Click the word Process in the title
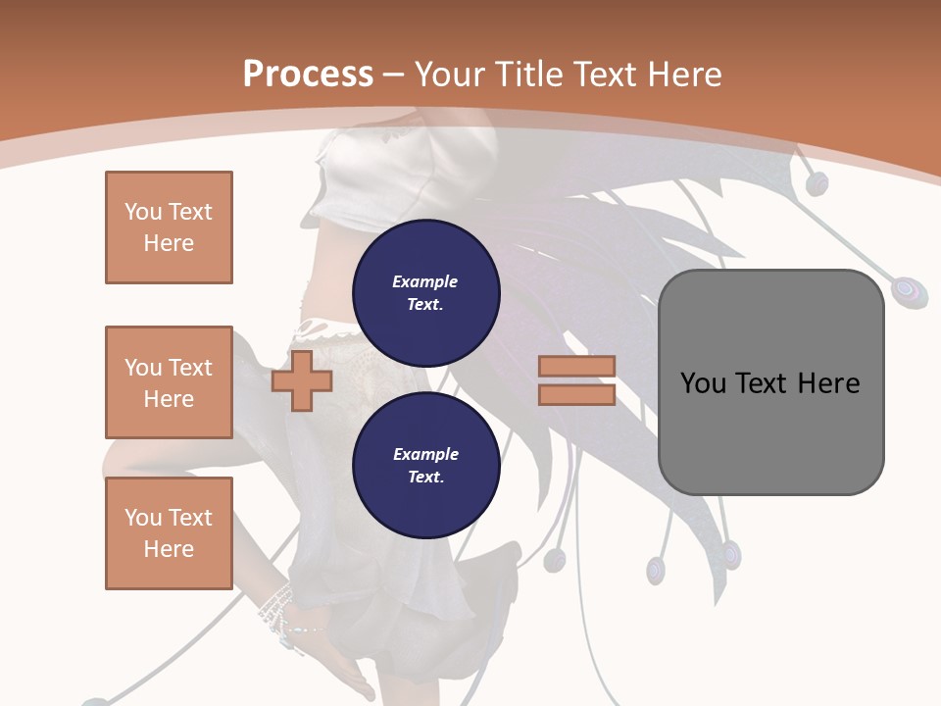[308, 75]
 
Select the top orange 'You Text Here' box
[169, 227]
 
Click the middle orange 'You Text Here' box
[169, 382]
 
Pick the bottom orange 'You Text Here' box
[169, 533]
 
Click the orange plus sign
[302, 380]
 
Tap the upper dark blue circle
[425, 292]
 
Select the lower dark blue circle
[425, 466]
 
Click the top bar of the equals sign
[577, 366]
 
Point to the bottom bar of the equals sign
[577, 394]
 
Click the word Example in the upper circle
[425, 281]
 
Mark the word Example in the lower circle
[425, 454]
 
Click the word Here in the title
[683, 75]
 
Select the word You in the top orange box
[142, 212]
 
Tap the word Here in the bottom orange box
[169, 549]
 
